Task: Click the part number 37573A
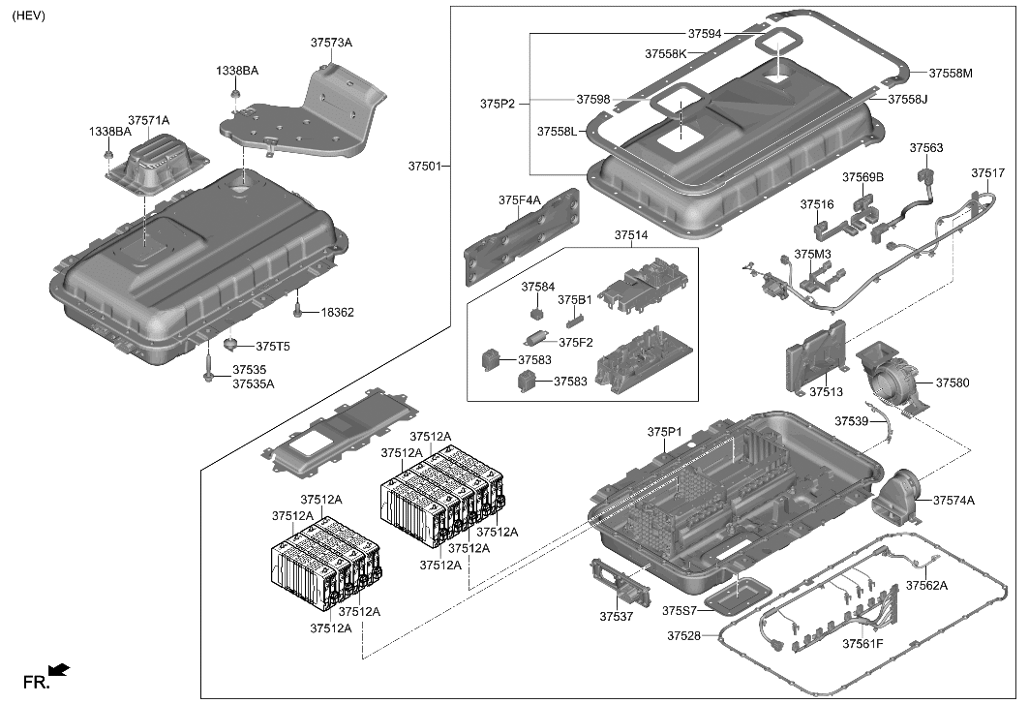tap(331, 44)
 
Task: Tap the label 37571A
tap(149, 120)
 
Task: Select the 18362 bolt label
tap(338, 313)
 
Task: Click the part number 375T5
tap(273, 347)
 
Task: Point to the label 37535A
tap(254, 384)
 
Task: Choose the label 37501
tap(424, 167)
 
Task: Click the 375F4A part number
tap(520, 200)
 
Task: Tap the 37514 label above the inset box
tap(631, 235)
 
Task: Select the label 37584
tap(538, 288)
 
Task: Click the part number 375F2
tap(575, 342)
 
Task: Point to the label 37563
tap(925, 148)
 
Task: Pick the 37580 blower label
tap(952, 383)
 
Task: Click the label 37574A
tap(953, 501)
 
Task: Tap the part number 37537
tap(616, 617)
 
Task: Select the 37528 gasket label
tap(684, 636)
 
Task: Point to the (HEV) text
tap(29, 16)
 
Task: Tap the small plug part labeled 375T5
tap(231, 344)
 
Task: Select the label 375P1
tap(665, 431)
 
